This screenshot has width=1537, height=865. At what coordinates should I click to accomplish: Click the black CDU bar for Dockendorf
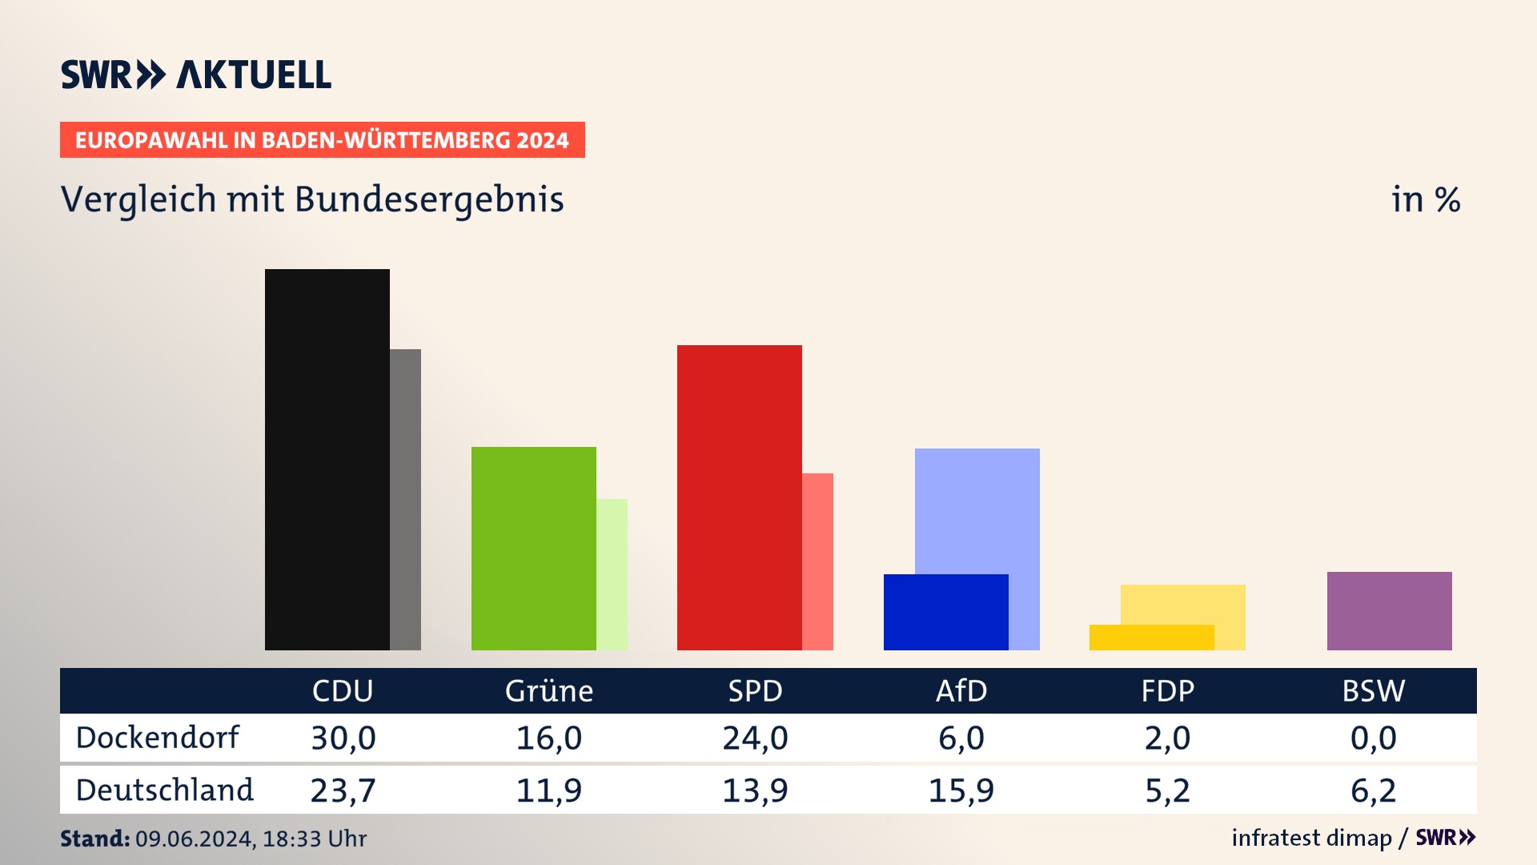coord(327,459)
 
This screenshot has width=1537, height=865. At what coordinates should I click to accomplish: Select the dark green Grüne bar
coord(533,548)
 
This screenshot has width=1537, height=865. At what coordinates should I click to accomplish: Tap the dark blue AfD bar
coord(945,612)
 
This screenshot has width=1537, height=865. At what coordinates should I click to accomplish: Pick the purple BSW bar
coord(1389,610)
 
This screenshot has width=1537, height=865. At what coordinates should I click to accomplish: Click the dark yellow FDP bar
coord(1151,638)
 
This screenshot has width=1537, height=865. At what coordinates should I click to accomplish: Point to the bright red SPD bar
coord(739,497)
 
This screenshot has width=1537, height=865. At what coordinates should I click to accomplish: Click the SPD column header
coord(755,690)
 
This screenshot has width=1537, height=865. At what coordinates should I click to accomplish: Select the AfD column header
coord(961,690)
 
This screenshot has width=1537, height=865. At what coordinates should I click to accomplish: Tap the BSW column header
coord(1373,690)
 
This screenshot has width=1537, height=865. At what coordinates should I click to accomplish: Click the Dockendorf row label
coord(157,738)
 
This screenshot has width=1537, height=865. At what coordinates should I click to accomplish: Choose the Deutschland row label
coord(164,791)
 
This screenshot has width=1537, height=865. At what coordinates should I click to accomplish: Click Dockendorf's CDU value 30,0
coord(343,738)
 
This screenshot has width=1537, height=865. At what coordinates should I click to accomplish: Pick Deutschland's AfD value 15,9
coord(961,791)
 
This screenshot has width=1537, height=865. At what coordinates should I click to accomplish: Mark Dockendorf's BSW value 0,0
coord(1373,738)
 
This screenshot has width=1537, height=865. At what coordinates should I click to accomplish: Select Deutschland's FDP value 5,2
coord(1167,791)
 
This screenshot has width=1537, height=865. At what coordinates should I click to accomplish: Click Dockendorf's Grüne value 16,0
coord(548,738)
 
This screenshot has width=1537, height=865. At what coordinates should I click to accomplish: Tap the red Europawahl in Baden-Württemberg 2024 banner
coord(322,140)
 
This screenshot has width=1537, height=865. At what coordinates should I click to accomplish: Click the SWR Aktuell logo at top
coord(195,74)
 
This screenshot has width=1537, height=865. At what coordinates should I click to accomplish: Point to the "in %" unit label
coord(1425,200)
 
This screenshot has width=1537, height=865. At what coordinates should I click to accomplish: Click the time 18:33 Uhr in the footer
coord(314,839)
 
